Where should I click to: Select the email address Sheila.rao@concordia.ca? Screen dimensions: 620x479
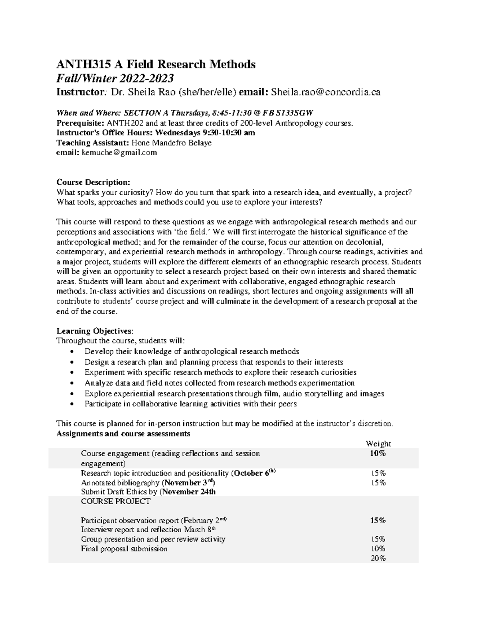[x=326, y=92]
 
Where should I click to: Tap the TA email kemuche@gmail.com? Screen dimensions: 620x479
[x=119, y=152]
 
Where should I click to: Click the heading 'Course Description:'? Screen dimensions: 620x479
[x=93, y=182]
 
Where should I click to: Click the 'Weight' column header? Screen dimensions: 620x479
[x=378, y=444]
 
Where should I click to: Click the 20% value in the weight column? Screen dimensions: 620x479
[x=378, y=558]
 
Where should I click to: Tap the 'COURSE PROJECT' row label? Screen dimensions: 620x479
[x=116, y=501]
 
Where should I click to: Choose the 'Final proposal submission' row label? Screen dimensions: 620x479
[x=124, y=549]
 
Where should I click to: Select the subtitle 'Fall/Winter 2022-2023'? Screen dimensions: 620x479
[x=115, y=78]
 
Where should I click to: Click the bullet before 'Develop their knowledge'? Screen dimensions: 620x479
[x=71, y=352]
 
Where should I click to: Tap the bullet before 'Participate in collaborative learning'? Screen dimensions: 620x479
[x=71, y=404]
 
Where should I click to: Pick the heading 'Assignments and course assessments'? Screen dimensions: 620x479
[x=123, y=434]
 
